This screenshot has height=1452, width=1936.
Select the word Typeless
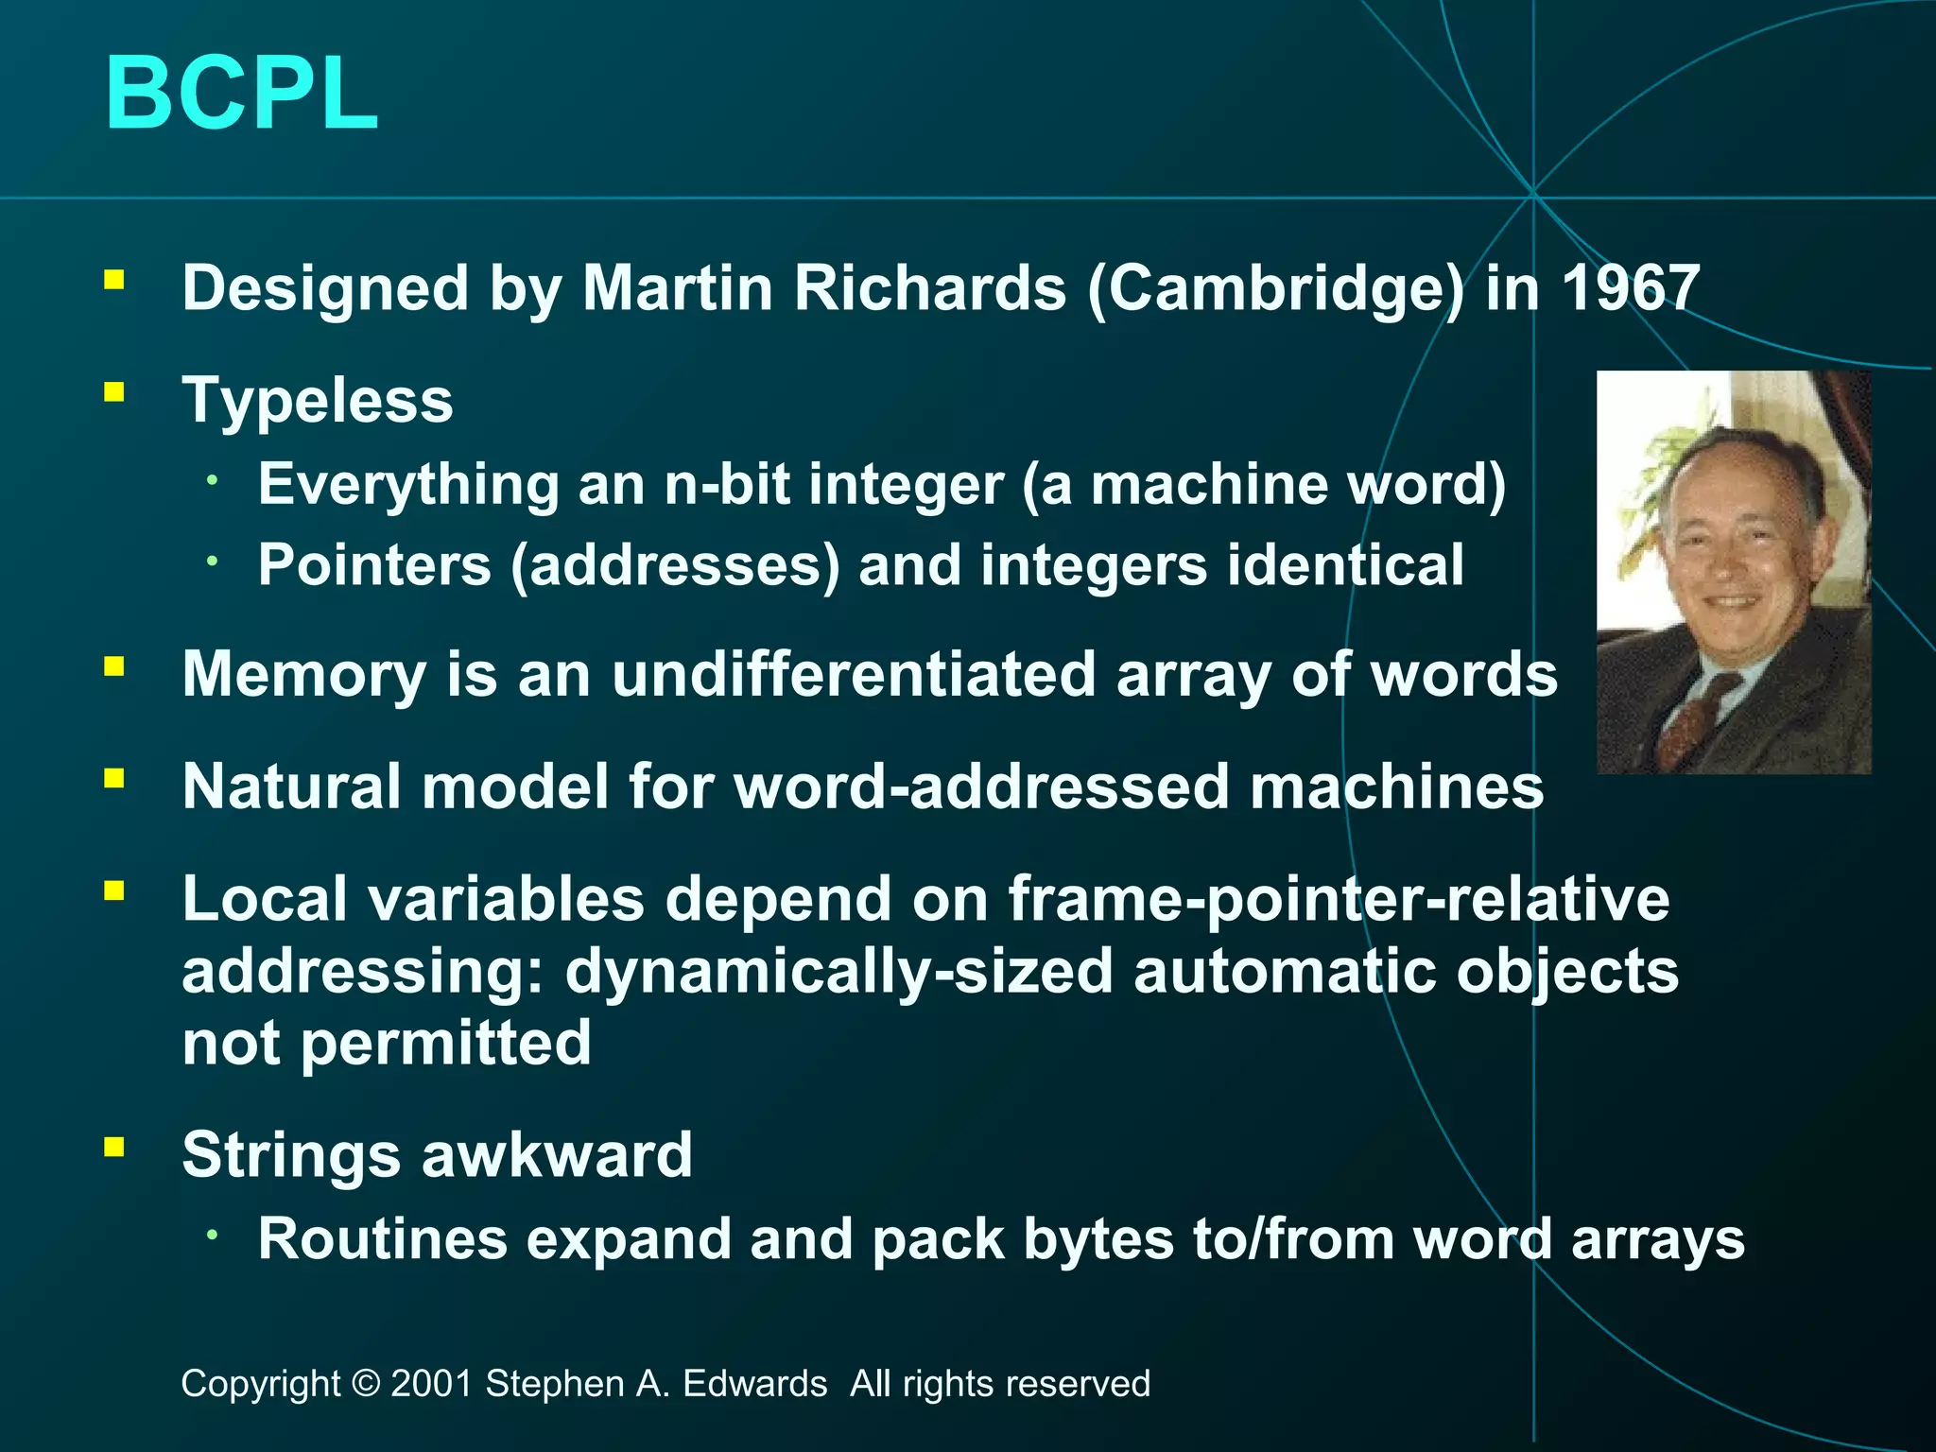pyautogui.click(x=318, y=400)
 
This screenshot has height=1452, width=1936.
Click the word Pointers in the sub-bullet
pyautogui.click(x=374, y=565)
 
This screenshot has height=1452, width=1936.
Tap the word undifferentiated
pyautogui.click(x=853, y=674)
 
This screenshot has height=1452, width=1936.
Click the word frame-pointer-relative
pyautogui.click(x=1339, y=898)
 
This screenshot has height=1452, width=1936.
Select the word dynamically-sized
pyautogui.click(x=838, y=971)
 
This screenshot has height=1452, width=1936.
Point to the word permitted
pyautogui.click(x=445, y=1044)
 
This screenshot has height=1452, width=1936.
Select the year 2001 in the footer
pyautogui.click(x=431, y=1384)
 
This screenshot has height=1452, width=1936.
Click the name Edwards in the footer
pyautogui.click(x=754, y=1384)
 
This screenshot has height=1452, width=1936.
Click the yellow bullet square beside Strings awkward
pyautogui.click(x=114, y=1147)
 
